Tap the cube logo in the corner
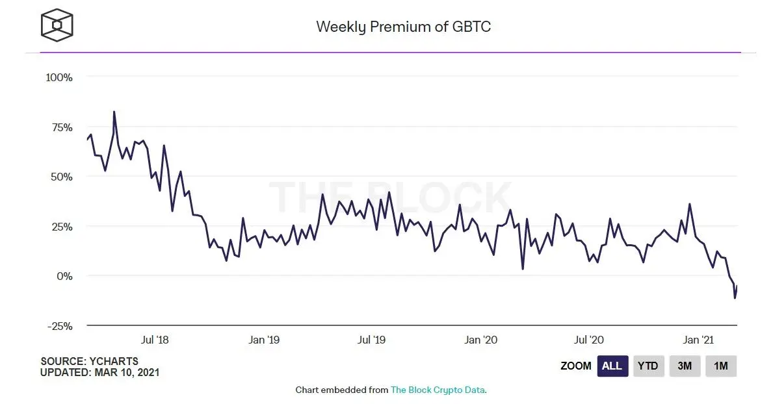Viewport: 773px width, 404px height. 57,25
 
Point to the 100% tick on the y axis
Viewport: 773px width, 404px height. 59,77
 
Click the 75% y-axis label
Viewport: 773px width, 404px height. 59,127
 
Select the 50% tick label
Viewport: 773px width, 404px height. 59,177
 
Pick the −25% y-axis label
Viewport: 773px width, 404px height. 59,326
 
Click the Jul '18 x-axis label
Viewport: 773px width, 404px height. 155,340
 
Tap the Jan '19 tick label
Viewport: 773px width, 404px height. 264,340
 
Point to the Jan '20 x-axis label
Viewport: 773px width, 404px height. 481,340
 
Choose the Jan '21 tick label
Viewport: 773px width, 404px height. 700,340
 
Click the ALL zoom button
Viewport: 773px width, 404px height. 612,366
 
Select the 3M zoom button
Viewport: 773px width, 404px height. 685,366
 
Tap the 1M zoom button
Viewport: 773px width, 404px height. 721,366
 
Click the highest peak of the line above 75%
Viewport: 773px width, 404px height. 114,112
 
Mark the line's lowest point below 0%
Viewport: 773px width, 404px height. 735,297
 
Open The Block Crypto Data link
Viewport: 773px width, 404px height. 438,390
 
